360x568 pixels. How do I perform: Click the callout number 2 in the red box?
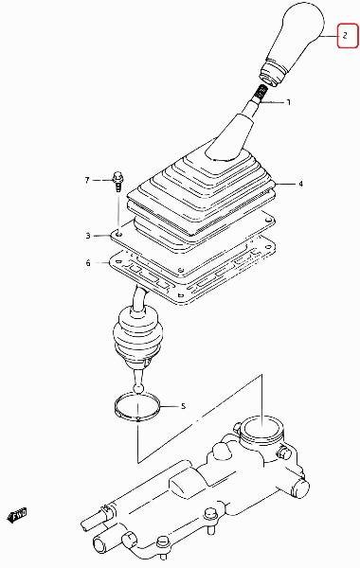coord(345,36)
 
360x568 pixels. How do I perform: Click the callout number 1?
coord(289,102)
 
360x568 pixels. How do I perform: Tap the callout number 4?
coord(300,184)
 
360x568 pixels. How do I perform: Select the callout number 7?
coord(86,180)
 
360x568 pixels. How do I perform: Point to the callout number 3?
coord(88,236)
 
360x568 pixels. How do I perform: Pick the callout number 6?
coord(88,262)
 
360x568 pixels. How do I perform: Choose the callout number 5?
coord(183,406)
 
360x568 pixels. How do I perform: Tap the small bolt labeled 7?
coord(117,182)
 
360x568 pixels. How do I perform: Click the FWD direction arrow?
coord(17,515)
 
